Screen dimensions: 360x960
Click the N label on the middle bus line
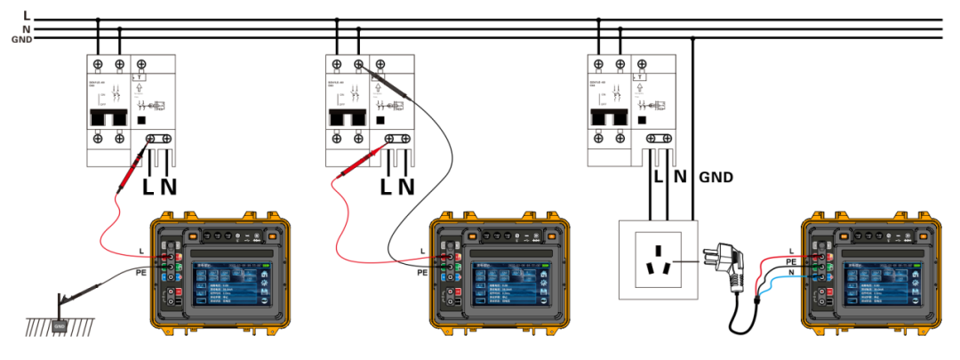27,28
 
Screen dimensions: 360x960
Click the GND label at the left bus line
21,38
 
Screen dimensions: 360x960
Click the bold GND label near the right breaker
716,177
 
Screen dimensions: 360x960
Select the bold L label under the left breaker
148,187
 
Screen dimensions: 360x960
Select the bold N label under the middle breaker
406,187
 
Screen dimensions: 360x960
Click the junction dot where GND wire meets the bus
693,38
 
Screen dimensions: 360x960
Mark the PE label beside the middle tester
422,272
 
